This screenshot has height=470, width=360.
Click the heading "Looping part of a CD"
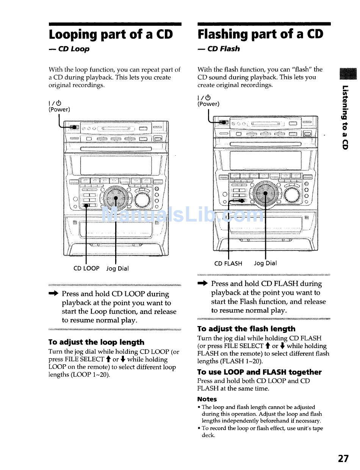[x=111, y=34]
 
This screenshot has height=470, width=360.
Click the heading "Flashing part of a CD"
[x=260, y=34]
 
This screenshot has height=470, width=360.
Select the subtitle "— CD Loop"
[x=69, y=49]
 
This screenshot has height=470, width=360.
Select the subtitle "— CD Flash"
[x=219, y=48]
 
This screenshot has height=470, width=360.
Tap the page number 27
[x=343, y=459]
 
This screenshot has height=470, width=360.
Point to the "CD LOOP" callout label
[x=86, y=268]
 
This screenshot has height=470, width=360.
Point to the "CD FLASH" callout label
[x=228, y=263]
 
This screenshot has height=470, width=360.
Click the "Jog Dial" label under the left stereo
[x=117, y=269]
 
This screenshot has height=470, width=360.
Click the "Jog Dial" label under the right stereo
[x=265, y=263]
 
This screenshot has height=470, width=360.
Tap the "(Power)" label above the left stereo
[x=59, y=109]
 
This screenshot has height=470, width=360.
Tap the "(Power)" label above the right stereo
[x=208, y=104]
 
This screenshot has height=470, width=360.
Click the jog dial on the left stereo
[x=115, y=198]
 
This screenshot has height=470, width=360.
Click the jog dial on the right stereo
[x=265, y=193]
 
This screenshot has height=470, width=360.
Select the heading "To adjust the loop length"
[x=96, y=342]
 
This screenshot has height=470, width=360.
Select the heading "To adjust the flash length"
[x=246, y=329]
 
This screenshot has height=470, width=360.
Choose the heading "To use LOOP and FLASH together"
[x=260, y=372]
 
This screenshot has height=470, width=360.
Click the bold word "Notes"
[x=207, y=399]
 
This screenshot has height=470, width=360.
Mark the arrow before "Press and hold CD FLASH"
[x=203, y=283]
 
